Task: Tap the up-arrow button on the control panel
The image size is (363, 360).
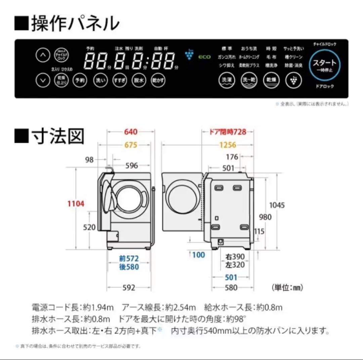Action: (x=43, y=55)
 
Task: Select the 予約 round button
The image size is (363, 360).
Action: (x=80, y=81)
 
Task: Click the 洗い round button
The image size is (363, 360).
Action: (x=100, y=81)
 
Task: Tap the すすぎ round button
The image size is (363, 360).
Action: (x=120, y=81)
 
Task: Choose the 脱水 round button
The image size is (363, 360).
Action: (x=138, y=81)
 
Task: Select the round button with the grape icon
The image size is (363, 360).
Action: (x=293, y=81)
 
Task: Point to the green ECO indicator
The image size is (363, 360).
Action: (x=204, y=57)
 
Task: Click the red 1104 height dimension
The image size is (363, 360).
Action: (x=76, y=204)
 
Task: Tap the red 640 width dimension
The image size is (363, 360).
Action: (x=131, y=132)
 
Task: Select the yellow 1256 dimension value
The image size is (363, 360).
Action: (x=228, y=145)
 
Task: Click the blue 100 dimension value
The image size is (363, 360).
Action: (x=199, y=255)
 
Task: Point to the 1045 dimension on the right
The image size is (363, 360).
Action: (x=277, y=205)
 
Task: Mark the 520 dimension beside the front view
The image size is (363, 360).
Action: (x=89, y=227)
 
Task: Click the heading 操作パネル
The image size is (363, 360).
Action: (x=67, y=24)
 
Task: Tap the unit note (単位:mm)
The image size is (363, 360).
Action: (x=287, y=288)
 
